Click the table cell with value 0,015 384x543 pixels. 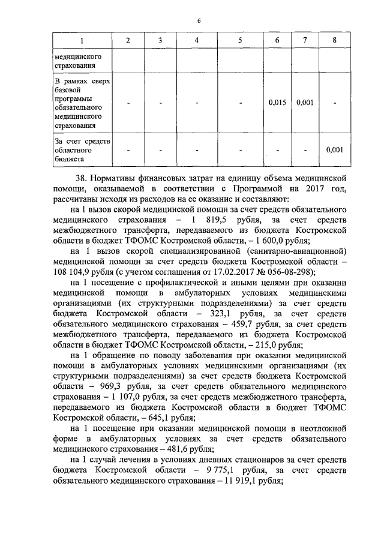pos(277,102)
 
